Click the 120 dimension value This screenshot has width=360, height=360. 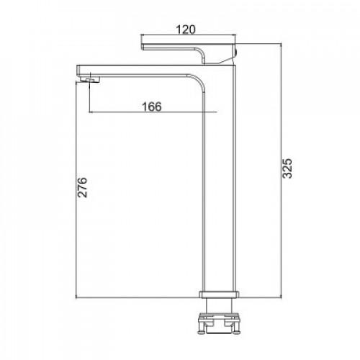click(186, 30)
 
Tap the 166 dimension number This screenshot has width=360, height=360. click(152, 107)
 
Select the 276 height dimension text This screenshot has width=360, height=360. click(82, 187)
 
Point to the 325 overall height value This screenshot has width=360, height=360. click(287, 168)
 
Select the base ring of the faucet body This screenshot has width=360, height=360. click(219, 294)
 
